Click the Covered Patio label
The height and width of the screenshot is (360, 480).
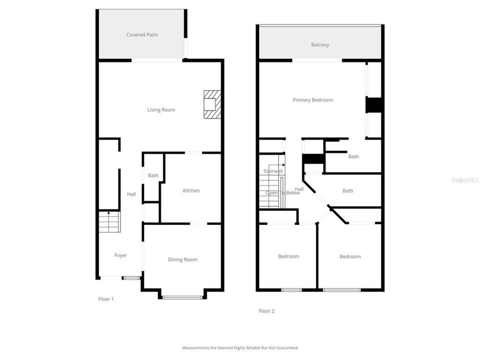tap(142, 35)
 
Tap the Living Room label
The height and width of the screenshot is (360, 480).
tap(161, 110)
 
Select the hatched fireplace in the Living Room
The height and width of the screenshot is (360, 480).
tap(212, 104)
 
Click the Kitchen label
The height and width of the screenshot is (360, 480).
tap(191, 190)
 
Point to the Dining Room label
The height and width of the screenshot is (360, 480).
tap(182, 259)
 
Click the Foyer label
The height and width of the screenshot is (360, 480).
tap(120, 255)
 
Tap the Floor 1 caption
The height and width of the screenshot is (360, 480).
tap(106, 299)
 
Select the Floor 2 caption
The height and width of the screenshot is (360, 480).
tap(266, 311)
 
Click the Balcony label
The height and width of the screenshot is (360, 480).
tap(320, 45)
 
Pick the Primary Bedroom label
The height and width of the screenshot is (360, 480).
tap(312, 100)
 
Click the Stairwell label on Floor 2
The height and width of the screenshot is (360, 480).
tap(273, 171)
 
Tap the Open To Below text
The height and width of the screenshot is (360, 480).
tap(282, 193)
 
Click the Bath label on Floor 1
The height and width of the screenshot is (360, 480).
tap(153, 175)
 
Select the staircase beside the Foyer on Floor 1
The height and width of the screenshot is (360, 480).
tap(109, 222)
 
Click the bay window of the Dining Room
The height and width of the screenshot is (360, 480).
tap(182, 297)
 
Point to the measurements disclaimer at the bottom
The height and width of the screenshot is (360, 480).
tap(239, 347)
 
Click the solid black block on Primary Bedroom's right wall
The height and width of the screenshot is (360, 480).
tap(374, 105)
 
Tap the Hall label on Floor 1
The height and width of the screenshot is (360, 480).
tap(131, 194)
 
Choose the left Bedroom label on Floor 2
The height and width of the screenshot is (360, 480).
tap(288, 256)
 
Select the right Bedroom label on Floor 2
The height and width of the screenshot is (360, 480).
tap(350, 256)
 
